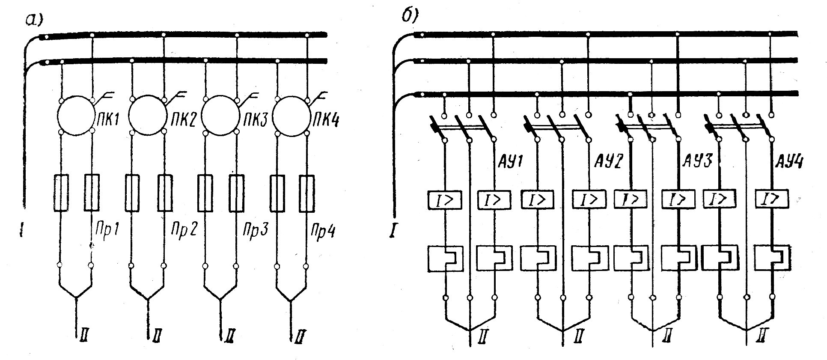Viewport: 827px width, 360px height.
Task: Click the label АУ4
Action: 789,163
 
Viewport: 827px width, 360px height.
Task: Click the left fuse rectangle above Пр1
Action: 61,192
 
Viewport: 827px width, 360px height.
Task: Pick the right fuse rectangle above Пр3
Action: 236,192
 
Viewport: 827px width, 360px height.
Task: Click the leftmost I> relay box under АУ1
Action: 445,199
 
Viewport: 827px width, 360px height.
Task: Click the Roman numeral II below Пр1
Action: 83,337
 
